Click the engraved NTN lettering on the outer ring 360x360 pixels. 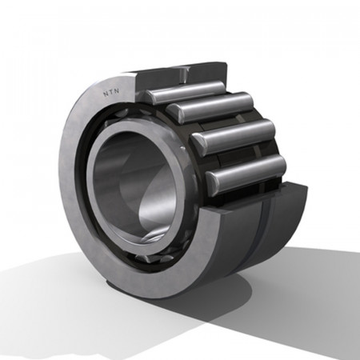[111, 92]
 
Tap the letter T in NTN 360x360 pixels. [111, 92]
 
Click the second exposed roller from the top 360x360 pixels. [210, 106]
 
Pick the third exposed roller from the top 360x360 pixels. [234, 136]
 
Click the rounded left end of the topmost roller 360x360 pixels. [150, 96]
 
